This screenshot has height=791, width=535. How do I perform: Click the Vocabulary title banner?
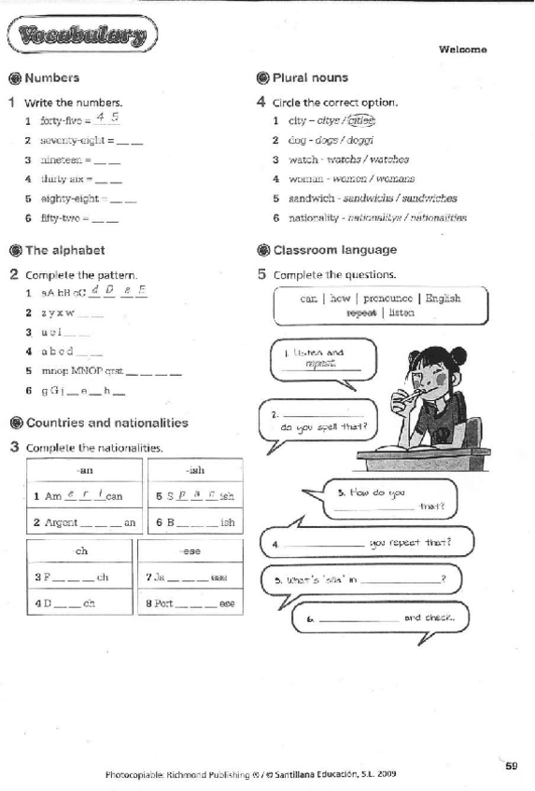81,37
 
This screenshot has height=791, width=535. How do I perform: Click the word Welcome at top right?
462,49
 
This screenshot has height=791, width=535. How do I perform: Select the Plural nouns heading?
310,78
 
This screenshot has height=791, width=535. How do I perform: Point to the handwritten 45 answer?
107,118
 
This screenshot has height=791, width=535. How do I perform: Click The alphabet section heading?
64,250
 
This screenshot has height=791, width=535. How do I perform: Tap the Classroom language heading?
334,250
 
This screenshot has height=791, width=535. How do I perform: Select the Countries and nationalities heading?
106,423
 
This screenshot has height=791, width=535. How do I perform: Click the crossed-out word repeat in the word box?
360,313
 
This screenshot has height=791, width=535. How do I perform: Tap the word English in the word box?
443,298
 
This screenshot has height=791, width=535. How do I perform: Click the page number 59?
511,766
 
